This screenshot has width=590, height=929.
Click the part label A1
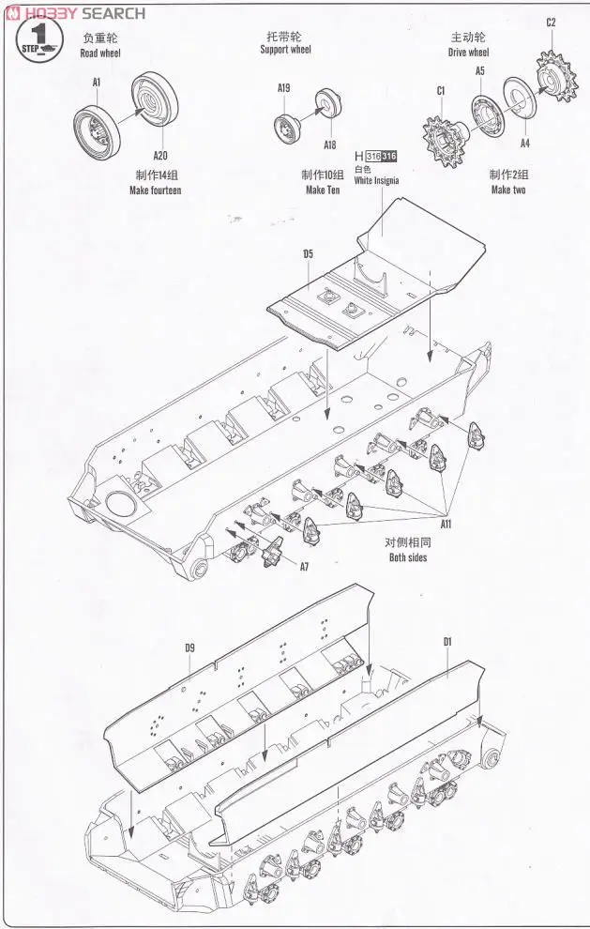[97, 83]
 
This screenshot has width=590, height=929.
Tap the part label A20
[160, 156]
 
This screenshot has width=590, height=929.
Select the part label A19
[284, 88]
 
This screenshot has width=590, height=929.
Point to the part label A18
[329, 145]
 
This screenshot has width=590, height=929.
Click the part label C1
[440, 91]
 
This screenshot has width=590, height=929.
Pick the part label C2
[551, 23]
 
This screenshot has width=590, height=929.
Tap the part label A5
[479, 70]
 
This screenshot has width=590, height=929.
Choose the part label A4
[525, 143]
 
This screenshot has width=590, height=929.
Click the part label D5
[308, 253]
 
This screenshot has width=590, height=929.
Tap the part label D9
[189, 647]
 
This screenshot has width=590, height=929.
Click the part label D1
[447, 642]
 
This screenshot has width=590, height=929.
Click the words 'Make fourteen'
[155, 190]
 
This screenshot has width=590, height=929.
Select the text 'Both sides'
[408, 557]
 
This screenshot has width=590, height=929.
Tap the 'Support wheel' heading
[285, 50]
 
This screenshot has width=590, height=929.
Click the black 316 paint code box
[390, 156]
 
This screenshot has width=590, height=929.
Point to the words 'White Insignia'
[376, 181]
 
